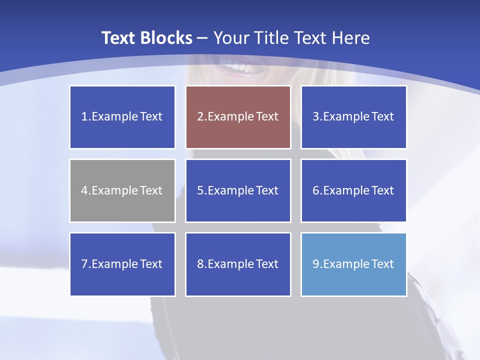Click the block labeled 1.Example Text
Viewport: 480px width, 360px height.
(122, 117)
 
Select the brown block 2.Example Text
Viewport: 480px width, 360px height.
(238, 117)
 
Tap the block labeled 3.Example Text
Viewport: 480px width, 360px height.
(353, 117)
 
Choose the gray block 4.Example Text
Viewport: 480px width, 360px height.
(122, 190)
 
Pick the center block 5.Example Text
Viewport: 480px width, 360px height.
(238, 190)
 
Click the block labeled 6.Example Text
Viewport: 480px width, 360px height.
(353, 190)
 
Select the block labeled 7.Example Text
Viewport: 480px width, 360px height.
(122, 264)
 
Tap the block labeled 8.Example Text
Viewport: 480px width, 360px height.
(238, 264)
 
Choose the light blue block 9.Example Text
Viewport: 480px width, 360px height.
(353, 264)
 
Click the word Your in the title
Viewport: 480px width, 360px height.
(230, 38)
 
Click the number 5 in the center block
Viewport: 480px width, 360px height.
(200, 190)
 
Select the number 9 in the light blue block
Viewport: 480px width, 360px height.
(316, 264)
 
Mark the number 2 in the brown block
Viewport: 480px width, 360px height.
(200, 117)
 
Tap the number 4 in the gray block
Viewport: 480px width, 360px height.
(84, 190)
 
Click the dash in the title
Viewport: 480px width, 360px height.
(203, 38)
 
